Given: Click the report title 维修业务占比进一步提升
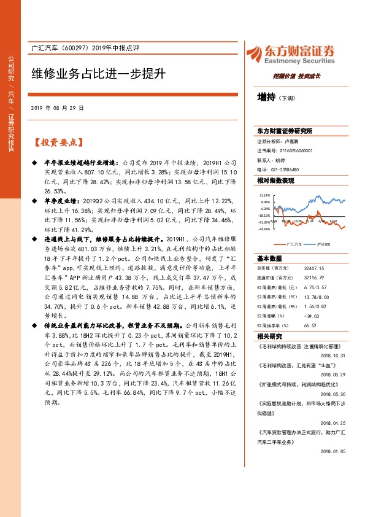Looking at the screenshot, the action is click(99, 74).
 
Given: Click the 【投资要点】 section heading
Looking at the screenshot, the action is click(58, 142).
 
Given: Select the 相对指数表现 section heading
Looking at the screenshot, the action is click(275, 181).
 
